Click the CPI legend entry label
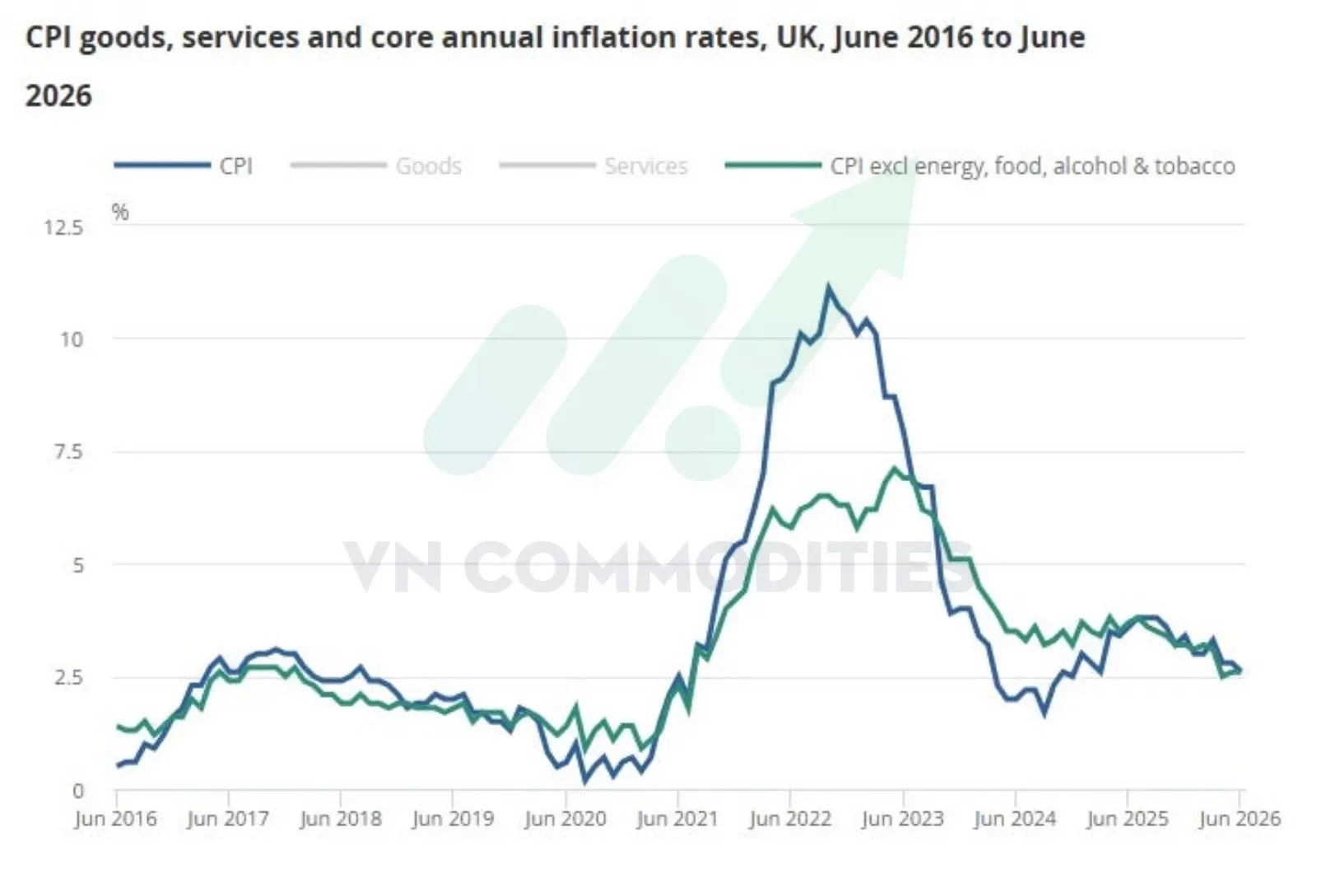tap(235, 166)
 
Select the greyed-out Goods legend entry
tap(429, 166)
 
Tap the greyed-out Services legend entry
tap(646, 166)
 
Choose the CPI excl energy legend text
tap(1032, 166)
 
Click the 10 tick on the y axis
tap(72, 339)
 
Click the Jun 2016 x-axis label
tap(116, 819)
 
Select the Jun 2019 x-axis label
tap(453, 819)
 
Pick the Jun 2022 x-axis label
tap(789, 819)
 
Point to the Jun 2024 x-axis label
tap(1015, 819)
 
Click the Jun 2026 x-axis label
tap(1240, 819)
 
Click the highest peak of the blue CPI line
tap(828, 288)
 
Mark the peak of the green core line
tap(894, 468)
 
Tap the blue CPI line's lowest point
tap(585, 781)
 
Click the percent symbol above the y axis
tap(120, 212)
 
